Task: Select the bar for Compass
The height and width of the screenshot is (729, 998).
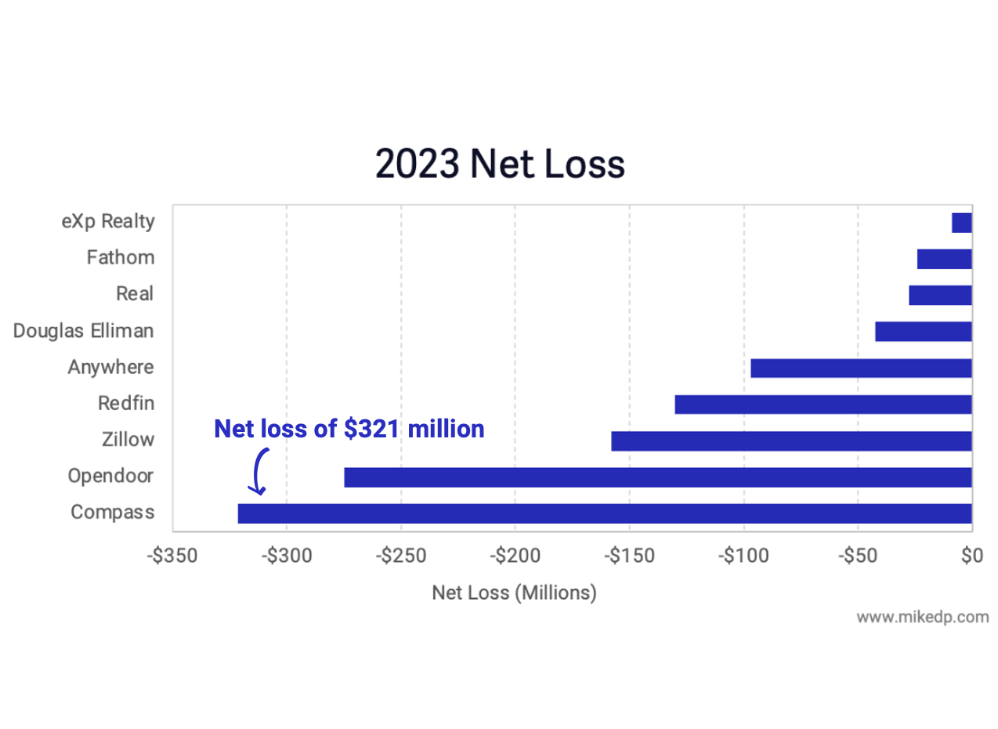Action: click(604, 513)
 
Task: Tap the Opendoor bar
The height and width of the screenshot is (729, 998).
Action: click(657, 477)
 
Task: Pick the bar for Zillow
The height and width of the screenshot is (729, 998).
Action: click(791, 441)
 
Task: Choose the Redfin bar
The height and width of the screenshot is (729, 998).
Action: click(823, 404)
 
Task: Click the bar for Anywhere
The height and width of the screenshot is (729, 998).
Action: click(861, 368)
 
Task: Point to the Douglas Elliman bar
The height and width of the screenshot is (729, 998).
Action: click(923, 332)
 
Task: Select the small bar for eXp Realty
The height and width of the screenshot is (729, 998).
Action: click(962, 223)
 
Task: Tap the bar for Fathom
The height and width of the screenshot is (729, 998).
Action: click(944, 259)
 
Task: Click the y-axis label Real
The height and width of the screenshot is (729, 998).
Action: click(135, 294)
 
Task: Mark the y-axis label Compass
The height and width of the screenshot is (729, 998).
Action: click(112, 513)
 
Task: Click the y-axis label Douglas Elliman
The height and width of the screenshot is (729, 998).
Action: click(84, 331)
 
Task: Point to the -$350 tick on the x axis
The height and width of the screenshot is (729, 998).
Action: click(172, 556)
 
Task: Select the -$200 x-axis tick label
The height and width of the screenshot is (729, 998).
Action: click(515, 556)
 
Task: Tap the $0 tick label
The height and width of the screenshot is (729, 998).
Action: click(971, 556)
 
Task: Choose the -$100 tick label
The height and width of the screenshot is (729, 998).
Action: click(743, 556)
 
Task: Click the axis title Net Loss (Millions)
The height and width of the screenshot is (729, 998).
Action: click(514, 593)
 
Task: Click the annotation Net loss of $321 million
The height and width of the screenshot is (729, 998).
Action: click(349, 429)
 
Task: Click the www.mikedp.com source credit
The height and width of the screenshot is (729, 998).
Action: click(922, 617)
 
